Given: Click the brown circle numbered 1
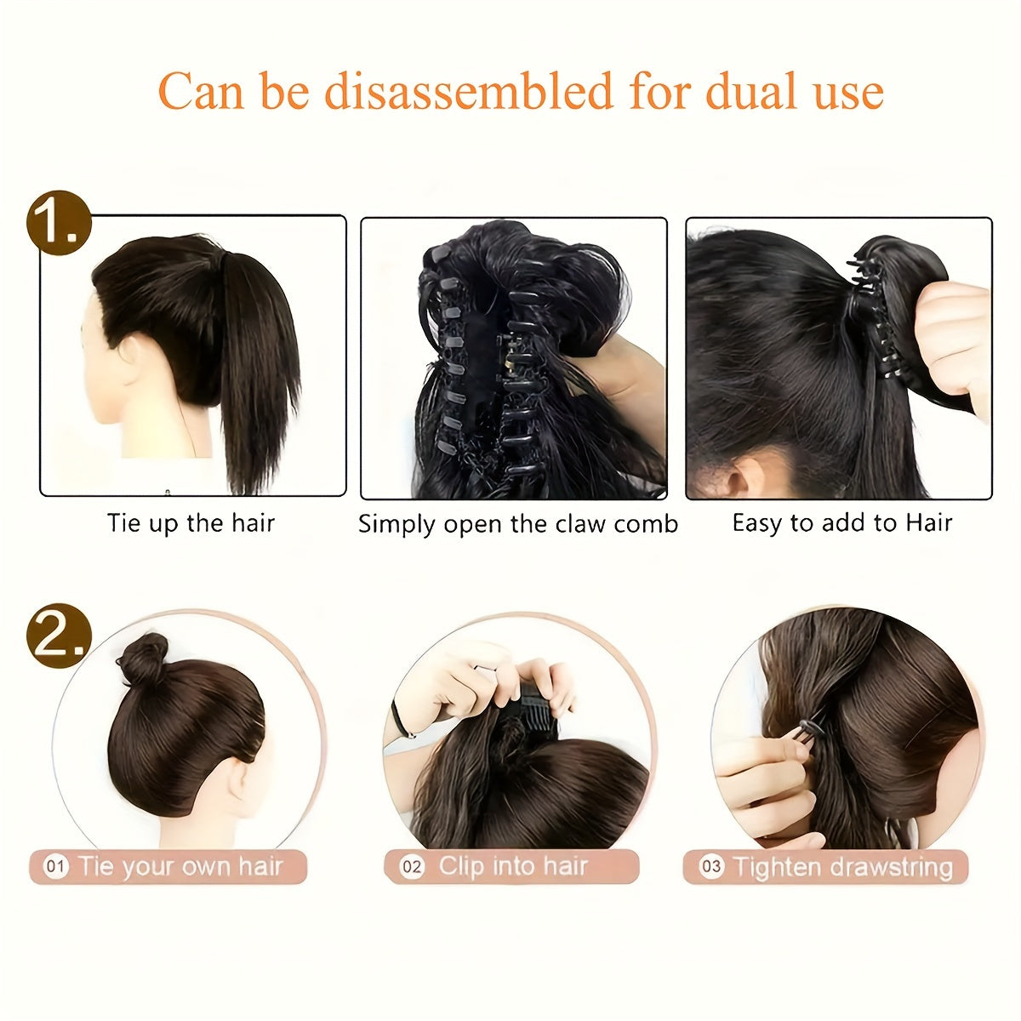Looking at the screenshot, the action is click(x=59, y=223).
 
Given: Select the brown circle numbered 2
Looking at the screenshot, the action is click(x=59, y=636).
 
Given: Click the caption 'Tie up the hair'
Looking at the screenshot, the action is click(x=191, y=523).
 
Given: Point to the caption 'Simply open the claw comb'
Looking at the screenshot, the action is click(x=517, y=524).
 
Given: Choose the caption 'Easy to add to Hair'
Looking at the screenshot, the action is click(x=842, y=522).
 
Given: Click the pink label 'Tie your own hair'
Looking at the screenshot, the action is click(x=168, y=867).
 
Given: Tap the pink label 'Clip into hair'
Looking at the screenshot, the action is click(x=511, y=867).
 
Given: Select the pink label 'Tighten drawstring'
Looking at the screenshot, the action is click(x=825, y=867).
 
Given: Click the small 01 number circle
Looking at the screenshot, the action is click(x=55, y=867).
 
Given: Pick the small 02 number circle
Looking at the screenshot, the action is click(x=412, y=867).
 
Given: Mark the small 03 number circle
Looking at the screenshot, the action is click(x=711, y=867).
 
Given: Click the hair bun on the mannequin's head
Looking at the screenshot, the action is click(x=143, y=658).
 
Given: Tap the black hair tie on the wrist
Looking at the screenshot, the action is click(x=401, y=717).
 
